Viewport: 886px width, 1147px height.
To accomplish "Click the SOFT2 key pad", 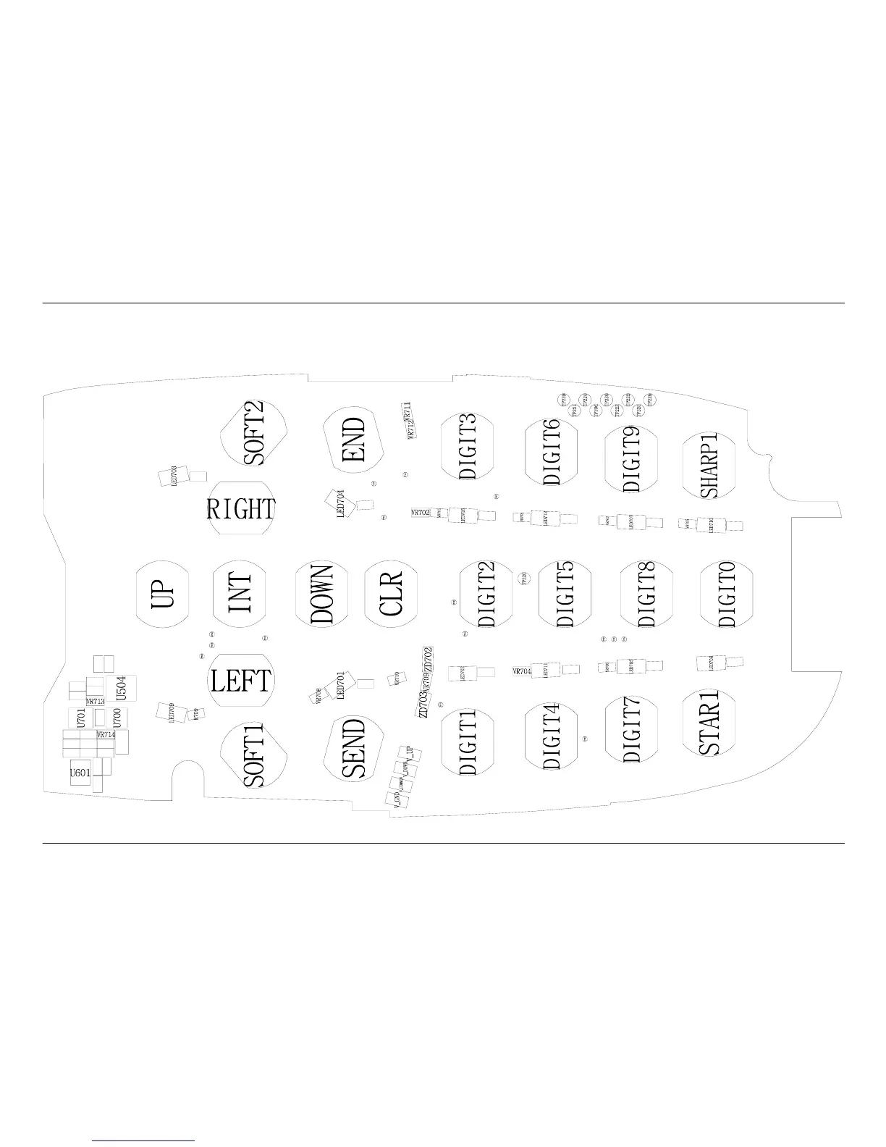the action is (x=254, y=434).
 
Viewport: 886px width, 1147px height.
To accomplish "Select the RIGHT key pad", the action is (x=241, y=508).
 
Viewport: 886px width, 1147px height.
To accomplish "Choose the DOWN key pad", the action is (x=322, y=594).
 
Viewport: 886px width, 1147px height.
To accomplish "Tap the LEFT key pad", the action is (x=241, y=681).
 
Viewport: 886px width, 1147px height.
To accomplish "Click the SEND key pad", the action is (x=355, y=748).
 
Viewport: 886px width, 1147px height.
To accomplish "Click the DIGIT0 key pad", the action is (x=727, y=594).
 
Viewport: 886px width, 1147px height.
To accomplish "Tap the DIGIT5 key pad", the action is (x=566, y=594).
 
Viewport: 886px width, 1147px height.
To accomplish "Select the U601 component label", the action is (x=80, y=773).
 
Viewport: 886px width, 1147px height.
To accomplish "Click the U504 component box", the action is (x=122, y=689).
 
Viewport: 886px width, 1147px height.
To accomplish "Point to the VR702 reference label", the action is (x=421, y=513).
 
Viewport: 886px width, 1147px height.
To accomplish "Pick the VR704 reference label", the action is (x=522, y=671).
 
